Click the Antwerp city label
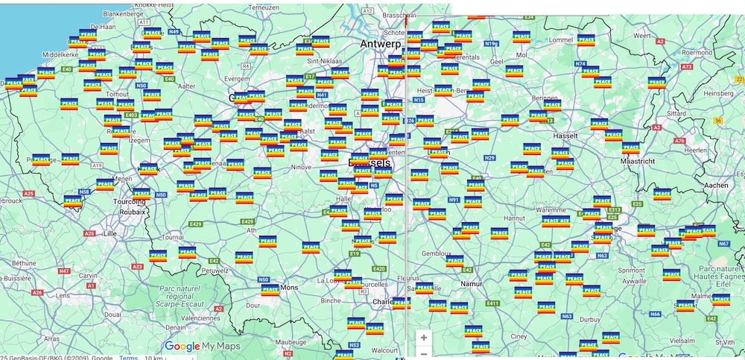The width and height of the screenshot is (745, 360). tap(380, 45)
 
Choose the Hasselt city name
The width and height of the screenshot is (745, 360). tap(571, 136)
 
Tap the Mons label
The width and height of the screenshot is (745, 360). tap(289, 287)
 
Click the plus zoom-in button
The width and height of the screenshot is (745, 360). tap(424, 337)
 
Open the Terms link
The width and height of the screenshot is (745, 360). tap(128, 357)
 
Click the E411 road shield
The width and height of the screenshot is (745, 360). tap(492, 303)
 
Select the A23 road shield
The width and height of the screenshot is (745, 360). tap(137, 266)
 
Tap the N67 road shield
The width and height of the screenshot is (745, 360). tap(723, 244)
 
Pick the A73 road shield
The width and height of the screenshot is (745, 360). tap(685, 67)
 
